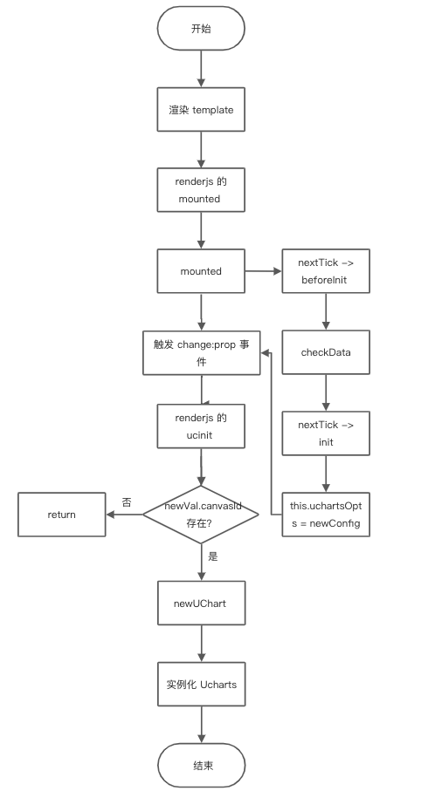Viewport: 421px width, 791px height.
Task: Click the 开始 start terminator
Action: pyautogui.click(x=201, y=29)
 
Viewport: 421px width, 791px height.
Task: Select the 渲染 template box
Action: pyautogui.click(x=201, y=111)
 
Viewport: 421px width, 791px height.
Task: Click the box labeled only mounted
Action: pyautogui.click(x=201, y=271)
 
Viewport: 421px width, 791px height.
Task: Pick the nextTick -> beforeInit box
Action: pyautogui.click(x=326, y=271)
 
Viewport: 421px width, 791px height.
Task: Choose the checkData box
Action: pyautogui.click(x=326, y=352)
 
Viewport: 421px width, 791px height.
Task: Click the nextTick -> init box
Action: pyautogui.click(x=326, y=433)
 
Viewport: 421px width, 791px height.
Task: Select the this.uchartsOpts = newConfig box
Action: pyautogui.click(x=326, y=515)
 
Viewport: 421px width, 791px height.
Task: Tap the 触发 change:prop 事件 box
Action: pyautogui.click(x=201, y=352)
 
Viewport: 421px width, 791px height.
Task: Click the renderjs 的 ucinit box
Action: pyautogui.click(x=201, y=426)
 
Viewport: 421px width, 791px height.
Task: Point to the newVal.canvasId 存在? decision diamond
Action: pyautogui.click(x=201, y=515)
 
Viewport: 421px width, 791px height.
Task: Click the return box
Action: pyautogui.click(x=62, y=515)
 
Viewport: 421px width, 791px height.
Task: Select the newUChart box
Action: pyautogui.click(x=201, y=603)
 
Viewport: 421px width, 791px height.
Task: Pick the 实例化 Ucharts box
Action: pyautogui.click(x=201, y=684)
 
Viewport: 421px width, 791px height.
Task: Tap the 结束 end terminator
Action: pyautogui.click(x=201, y=765)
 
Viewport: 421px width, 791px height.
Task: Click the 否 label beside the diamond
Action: pyautogui.click(x=127, y=502)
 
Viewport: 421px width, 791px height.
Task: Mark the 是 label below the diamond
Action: pyautogui.click(x=213, y=556)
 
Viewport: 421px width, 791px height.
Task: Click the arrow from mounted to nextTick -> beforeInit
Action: pyautogui.click(x=263, y=271)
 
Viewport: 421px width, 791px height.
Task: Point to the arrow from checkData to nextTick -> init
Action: pyautogui.click(x=326, y=392)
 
